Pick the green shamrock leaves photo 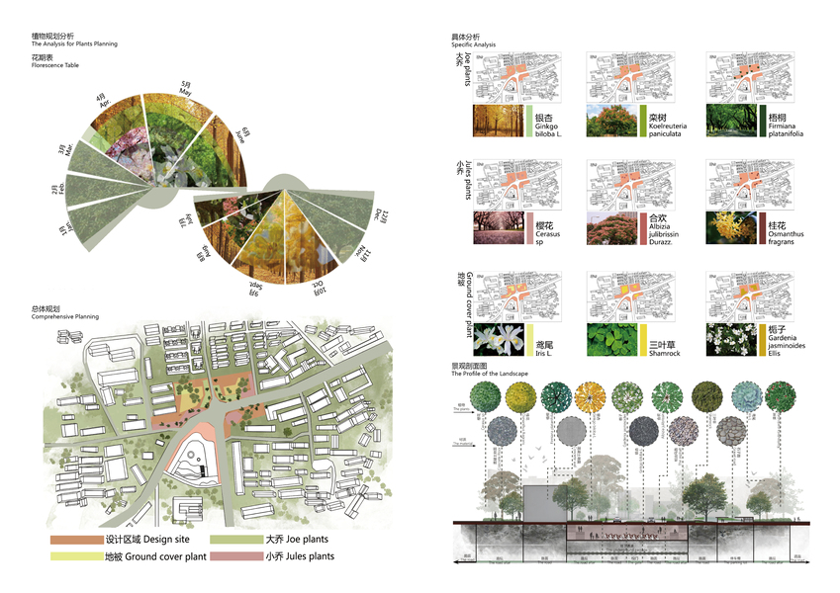tap(612, 339)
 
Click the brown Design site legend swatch tap(76, 540)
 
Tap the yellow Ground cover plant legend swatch tap(76, 556)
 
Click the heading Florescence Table tap(54, 65)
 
